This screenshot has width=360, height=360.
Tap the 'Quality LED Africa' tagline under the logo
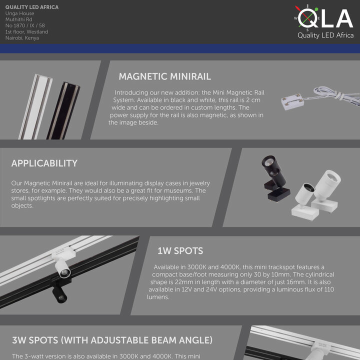point(325,35)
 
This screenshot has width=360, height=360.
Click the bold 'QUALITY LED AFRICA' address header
point(31,7)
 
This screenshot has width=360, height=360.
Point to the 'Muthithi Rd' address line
point(18,19)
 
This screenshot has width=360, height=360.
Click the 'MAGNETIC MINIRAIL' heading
point(164,76)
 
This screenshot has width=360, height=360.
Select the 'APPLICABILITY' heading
point(44,163)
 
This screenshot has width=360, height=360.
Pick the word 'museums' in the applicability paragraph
point(176,191)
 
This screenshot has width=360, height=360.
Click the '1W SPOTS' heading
point(180,250)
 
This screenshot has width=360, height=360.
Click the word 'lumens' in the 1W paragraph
point(158,297)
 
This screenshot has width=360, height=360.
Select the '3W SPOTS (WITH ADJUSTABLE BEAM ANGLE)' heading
point(112,340)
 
